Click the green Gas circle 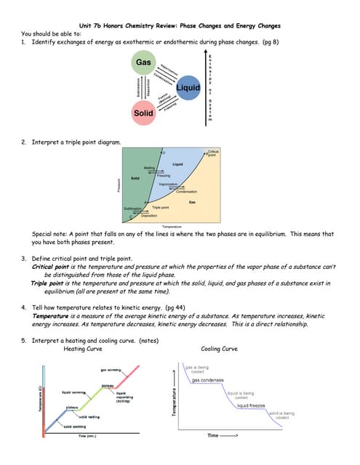pos(143,63)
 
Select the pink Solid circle pos(143,113)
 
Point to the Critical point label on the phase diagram pos(212,153)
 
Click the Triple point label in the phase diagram pos(161,208)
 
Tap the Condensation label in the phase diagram pos(186,191)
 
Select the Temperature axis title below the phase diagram pos(172,227)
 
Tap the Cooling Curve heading pos(219,349)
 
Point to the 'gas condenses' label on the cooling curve pos(207,380)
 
